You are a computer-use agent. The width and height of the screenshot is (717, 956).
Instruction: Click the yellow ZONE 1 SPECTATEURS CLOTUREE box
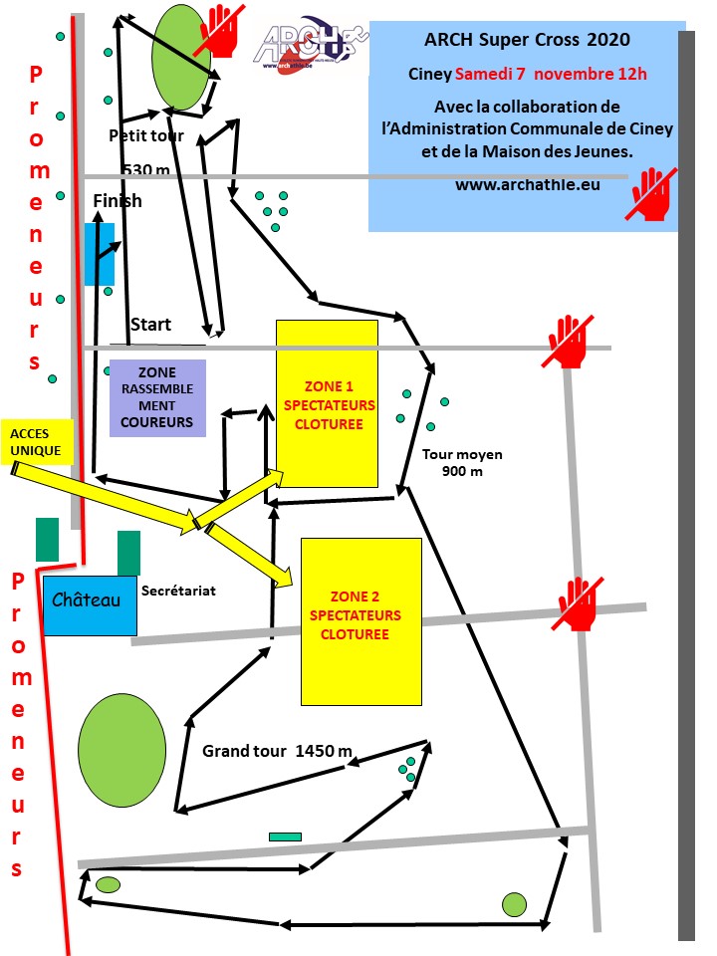click(x=327, y=403)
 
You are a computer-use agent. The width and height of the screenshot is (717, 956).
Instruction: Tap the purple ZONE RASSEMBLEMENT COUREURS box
click(x=157, y=398)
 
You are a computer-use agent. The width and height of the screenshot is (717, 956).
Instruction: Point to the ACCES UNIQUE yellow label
click(x=37, y=442)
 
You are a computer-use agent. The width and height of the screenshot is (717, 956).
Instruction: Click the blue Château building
click(x=89, y=604)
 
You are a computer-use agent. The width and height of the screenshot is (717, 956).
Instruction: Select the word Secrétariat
click(x=178, y=591)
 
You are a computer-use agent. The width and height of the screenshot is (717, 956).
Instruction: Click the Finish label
click(x=118, y=201)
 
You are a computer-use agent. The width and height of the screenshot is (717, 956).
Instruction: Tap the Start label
click(x=150, y=325)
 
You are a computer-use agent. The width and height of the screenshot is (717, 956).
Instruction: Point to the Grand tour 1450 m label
click(x=277, y=751)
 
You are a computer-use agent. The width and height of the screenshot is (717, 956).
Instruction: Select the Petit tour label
click(x=146, y=135)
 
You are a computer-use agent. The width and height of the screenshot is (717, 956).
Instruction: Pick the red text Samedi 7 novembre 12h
click(x=551, y=74)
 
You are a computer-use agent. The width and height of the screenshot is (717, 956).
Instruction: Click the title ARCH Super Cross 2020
click(x=527, y=40)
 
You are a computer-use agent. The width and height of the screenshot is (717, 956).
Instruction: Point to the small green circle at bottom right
click(x=514, y=904)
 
